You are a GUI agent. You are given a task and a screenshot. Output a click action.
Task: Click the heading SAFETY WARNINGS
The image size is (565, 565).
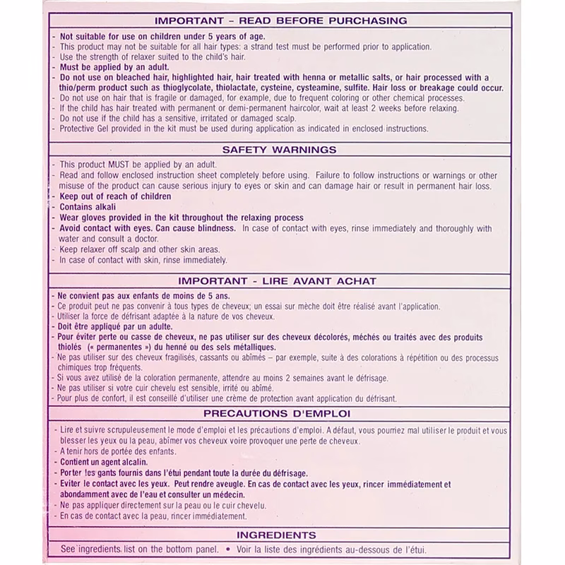tap(279, 150)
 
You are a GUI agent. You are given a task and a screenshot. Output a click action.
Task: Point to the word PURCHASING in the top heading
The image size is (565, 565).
tap(371, 21)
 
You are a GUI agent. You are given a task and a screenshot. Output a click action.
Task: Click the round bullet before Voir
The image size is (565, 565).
tap(228, 549)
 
